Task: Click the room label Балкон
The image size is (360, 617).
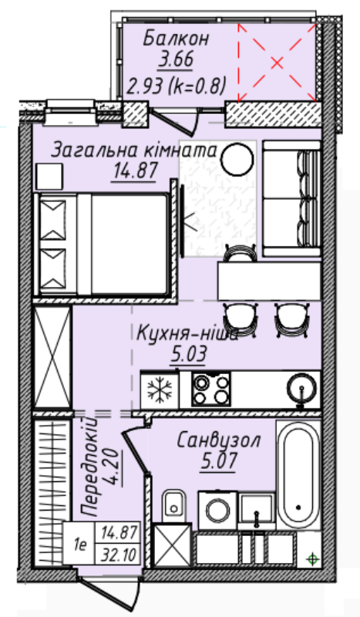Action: click(x=176, y=39)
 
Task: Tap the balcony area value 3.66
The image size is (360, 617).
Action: click(x=176, y=60)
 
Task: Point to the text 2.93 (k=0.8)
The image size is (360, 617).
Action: click(x=176, y=86)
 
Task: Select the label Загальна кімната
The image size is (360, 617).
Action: click(x=135, y=150)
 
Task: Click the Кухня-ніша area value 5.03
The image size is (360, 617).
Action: click(x=188, y=355)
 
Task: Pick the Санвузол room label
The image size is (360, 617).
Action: click(x=218, y=440)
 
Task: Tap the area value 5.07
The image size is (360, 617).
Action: click(x=218, y=461)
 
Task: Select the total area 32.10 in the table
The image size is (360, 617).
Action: click(x=119, y=555)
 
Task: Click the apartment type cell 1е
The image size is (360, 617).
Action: click(x=80, y=545)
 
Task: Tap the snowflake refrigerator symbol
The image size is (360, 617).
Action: click(x=160, y=390)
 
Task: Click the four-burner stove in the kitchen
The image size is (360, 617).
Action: click(x=211, y=389)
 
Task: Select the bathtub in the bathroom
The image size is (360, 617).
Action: click(x=298, y=475)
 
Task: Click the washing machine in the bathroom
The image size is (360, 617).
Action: click(x=217, y=510)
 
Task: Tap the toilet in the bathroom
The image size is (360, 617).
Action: click(x=173, y=505)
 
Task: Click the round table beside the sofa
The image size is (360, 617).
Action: click(x=237, y=159)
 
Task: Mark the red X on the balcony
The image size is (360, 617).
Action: click(x=277, y=62)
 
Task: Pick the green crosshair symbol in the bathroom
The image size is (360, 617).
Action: click(x=312, y=558)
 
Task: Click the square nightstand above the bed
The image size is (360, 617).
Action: click(x=49, y=177)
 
